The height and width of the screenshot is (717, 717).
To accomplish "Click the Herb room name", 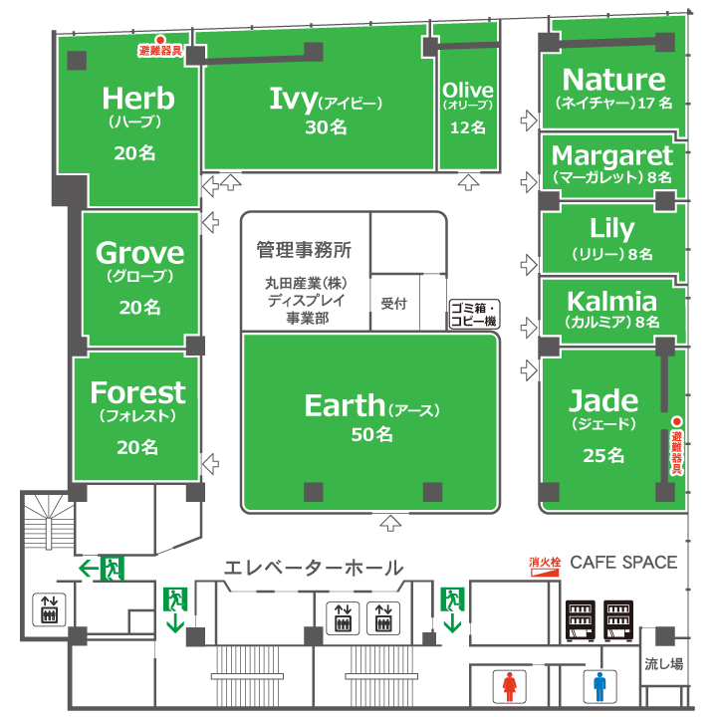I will click(138, 99).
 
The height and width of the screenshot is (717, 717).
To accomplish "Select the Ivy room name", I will click(293, 99).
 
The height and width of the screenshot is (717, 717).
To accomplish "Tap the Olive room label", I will click(467, 91).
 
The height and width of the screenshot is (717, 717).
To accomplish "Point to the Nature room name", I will click(613, 80).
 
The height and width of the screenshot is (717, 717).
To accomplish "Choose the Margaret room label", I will click(612, 156).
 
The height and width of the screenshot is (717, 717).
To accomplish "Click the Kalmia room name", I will click(611, 302).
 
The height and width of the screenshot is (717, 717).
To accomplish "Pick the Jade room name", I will click(603, 401).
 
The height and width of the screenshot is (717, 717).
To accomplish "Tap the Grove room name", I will click(139, 253).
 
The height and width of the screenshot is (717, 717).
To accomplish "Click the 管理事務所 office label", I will click(304, 250).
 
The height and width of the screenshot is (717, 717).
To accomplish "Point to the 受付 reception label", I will click(394, 304).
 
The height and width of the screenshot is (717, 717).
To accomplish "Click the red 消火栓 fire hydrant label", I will click(545, 563).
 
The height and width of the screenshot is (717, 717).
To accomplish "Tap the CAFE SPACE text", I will click(623, 563).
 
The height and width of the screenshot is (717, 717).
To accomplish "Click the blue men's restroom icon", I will click(599, 687).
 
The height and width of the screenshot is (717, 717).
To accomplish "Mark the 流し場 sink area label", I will click(663, 664).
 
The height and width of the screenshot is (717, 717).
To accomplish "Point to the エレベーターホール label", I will click(313, 568).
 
